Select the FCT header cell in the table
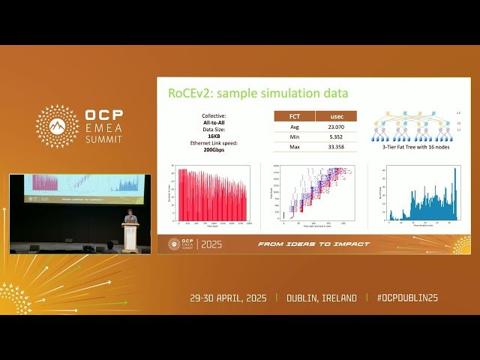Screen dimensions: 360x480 [x=289, y=117]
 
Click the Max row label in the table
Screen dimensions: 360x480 [x=289, y=147]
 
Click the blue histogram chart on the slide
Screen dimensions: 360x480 [x=421, y=196]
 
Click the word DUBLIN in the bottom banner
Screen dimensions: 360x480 [x=307, y=298]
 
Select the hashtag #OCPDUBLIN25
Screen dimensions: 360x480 [x=407, y=298]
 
